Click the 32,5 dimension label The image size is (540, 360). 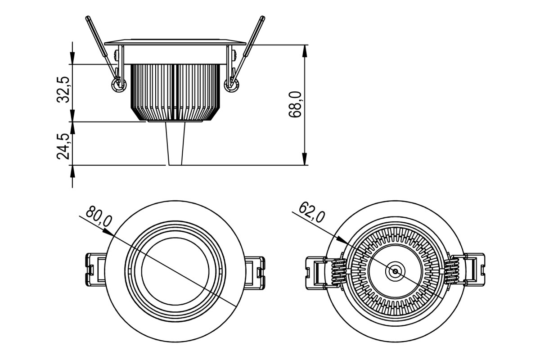[63, 90]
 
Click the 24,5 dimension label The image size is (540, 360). [63, 146]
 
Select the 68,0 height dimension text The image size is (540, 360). [295, 104]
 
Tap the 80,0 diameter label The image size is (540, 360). [99, 216]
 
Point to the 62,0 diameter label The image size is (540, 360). [312, 212]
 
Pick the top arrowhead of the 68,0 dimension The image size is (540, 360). [305, 51]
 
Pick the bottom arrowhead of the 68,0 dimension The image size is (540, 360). [305, 159]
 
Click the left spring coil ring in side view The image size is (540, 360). [119, 85]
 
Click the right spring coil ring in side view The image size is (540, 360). [231, 85]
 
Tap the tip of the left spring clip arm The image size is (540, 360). [88, 18]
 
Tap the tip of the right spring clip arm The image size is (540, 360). [263, 18]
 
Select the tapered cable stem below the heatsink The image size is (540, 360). [175, 144]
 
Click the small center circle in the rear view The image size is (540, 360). [395, 271]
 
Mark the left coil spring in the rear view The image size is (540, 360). [339, 271]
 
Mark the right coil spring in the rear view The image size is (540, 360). [451, 271]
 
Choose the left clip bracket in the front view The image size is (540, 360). [96, 270]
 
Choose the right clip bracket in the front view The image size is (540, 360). [255, 272]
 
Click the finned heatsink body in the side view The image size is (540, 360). [175, 92]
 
